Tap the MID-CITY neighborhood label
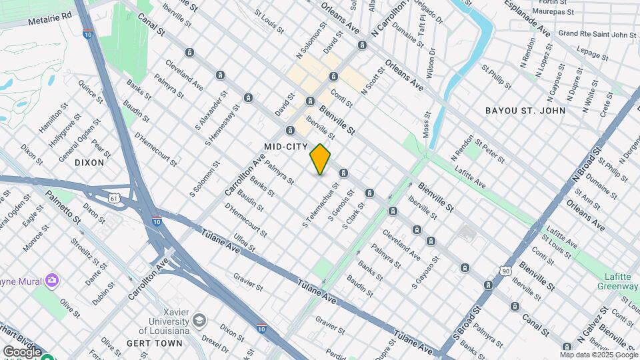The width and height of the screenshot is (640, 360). click(286, 146)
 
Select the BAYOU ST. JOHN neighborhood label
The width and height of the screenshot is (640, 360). click(525, 111)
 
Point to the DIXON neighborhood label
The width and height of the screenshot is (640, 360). click(89, 162)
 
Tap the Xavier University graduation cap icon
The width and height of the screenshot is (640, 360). click(199, 321)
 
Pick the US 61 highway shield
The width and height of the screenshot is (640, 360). click(115, 198)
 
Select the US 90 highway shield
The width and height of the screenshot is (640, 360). click(506, 270)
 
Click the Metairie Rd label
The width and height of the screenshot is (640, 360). click(49, 18)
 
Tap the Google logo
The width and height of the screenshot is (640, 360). click(22, 351)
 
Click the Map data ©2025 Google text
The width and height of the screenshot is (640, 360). click(599, 355)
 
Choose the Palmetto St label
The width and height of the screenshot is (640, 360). click(63, 207)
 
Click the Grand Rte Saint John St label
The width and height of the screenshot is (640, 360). click(597, 33)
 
